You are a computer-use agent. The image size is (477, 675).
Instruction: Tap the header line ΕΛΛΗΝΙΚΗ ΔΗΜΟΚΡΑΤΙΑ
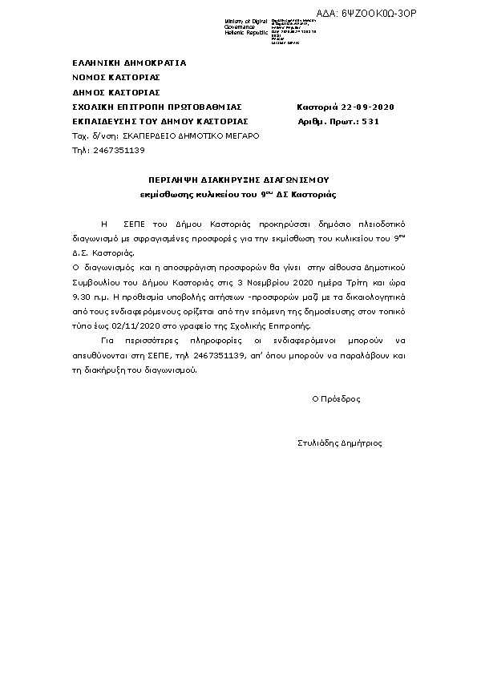129,63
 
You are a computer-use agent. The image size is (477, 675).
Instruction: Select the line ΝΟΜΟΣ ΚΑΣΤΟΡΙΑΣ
116,77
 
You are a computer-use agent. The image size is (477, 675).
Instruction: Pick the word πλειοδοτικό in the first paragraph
378,224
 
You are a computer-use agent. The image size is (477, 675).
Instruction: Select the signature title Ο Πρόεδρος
336,398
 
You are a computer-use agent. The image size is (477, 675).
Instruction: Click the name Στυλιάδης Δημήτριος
339,442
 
